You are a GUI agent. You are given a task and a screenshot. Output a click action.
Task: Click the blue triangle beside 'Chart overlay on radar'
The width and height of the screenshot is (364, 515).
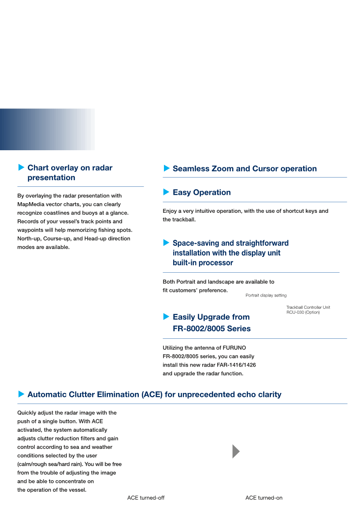coord(21,167)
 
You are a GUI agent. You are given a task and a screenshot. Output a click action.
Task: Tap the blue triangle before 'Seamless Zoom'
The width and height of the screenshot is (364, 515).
coord(166,168)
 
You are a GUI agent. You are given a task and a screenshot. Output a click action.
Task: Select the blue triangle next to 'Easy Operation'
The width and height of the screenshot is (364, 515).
coord(166,192)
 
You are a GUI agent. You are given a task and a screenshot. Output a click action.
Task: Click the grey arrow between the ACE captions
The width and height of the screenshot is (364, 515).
coord(236,451)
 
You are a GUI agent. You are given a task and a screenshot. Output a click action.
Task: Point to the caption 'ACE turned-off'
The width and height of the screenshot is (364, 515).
coord(146,498)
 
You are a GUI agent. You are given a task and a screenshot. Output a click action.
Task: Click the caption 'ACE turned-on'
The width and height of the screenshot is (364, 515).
coord(264,498)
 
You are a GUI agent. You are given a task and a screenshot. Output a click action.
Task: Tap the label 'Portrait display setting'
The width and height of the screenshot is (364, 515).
coord(266,295)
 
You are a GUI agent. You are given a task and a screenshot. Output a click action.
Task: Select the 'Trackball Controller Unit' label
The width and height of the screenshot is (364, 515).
coord(308,308)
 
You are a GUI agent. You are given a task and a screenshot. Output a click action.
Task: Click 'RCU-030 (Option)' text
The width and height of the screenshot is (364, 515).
coord(303,312)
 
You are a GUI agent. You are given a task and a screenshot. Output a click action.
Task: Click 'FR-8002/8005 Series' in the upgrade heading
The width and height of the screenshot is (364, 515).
coord(212,329)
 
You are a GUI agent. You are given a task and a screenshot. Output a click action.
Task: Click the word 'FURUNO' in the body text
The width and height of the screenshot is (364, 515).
coord(227,348)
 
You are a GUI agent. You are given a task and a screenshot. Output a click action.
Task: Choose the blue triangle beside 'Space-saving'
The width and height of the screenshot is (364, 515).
coord(166,243)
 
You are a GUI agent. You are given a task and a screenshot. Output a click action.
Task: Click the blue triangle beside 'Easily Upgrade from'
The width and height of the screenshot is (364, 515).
coord(166,317)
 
